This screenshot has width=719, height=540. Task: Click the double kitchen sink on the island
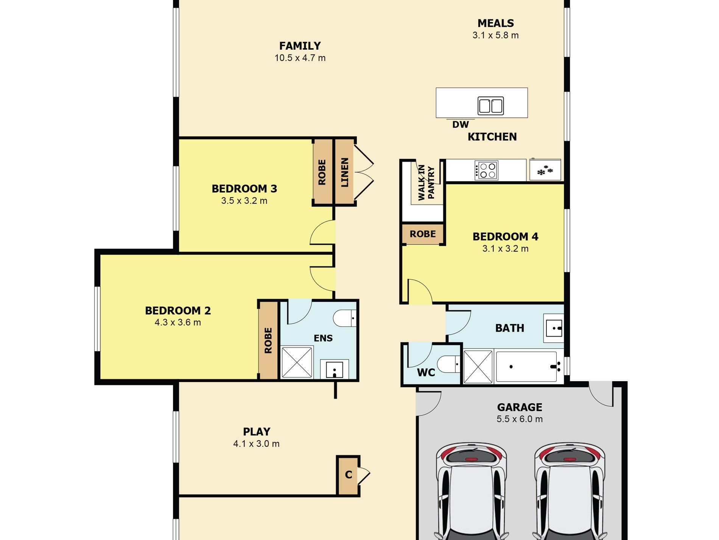491,105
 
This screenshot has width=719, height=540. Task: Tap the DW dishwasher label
461,124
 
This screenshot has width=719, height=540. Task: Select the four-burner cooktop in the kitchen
486,170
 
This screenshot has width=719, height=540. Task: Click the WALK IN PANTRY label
426,182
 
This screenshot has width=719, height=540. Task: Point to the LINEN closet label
345,172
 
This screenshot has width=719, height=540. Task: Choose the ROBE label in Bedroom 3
322,172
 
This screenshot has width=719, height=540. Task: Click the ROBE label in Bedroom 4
423,234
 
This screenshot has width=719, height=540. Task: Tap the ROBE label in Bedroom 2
268,341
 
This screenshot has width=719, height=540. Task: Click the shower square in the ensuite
297,362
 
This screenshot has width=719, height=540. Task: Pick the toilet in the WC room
448,365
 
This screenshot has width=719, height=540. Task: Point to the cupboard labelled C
348,476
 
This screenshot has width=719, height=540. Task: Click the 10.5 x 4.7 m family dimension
300,58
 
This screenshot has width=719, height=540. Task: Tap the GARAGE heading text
520,407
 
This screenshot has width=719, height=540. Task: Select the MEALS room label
496,23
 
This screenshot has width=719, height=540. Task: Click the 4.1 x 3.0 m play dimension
257,444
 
